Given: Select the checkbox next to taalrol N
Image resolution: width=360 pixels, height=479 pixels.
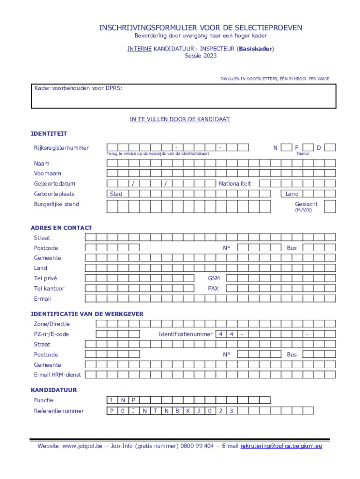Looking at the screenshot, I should point(286,148).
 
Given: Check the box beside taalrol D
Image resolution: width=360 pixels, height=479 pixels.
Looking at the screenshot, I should point(330,148).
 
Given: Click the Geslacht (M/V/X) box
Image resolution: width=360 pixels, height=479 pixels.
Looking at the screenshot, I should point(330,206).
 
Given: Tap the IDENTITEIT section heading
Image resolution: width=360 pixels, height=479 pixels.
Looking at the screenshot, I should point(49,134).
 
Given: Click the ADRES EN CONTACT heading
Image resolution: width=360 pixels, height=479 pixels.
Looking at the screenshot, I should point(61,228).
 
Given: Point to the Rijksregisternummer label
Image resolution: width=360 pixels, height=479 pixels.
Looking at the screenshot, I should point(61,148).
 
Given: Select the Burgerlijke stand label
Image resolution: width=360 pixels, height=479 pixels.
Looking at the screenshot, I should point(56,204).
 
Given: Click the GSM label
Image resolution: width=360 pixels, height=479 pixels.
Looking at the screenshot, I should point(214,278).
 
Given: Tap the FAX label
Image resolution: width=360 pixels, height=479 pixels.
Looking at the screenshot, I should point(213,289).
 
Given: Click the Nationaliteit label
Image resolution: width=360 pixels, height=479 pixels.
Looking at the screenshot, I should point(235,184).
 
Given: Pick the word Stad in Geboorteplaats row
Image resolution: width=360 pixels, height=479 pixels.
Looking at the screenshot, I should point(116,194).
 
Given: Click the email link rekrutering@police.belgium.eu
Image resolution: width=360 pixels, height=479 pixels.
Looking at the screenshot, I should point(281,446).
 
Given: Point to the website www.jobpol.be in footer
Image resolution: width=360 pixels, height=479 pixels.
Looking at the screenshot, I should point(82,446).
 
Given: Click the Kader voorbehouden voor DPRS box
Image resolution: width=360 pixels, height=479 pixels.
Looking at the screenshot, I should point(183,96).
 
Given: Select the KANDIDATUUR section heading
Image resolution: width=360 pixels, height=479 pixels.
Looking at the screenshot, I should point(54,390).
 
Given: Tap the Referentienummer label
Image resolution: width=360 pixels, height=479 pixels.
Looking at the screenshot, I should point(58,411).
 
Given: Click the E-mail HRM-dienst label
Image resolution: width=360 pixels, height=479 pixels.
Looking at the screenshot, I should point(57,375).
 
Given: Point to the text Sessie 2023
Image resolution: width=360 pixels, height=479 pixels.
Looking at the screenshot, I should point(201,56).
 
